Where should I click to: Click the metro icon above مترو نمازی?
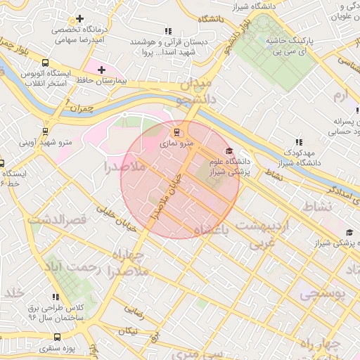[176, 131]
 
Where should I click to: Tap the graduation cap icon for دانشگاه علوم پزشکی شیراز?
[228, 152]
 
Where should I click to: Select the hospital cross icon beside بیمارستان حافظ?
[102, 70]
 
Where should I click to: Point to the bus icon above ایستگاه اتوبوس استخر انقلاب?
[46, 63]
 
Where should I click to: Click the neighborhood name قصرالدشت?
[58, 220]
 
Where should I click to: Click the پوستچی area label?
[323, 294]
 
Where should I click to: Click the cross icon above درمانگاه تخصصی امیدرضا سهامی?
[80, 18]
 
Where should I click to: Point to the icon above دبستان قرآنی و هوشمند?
[167, 31]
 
